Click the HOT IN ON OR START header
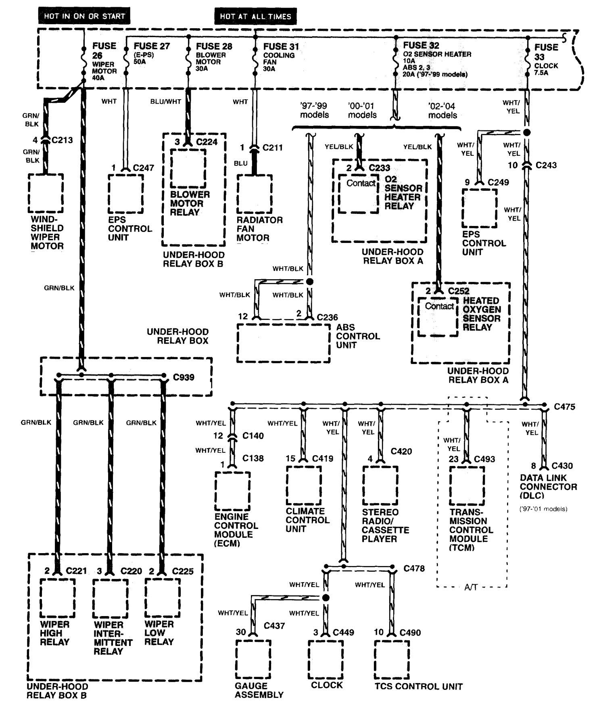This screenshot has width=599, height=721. (85, 17)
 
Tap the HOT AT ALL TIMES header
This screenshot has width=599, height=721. (255, 17)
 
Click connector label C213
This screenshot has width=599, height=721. (62, 140)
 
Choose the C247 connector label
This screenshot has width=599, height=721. (144, 167)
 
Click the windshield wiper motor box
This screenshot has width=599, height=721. (46, 193)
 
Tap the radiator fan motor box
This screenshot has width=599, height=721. (254, 194)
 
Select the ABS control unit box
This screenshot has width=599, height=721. (283, 343)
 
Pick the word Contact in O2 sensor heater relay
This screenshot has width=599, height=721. (361, 183)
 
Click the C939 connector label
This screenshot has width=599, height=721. (184, 377)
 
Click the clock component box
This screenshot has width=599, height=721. (326, 659)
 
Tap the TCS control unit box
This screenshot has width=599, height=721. (391, 659)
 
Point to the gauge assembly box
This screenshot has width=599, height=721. (253, 659)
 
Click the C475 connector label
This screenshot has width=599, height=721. (564, 407)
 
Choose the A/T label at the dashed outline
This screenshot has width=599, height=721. (471, 587)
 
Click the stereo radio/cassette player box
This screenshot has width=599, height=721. (380, 485)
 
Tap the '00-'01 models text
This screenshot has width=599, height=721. (362, 110)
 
